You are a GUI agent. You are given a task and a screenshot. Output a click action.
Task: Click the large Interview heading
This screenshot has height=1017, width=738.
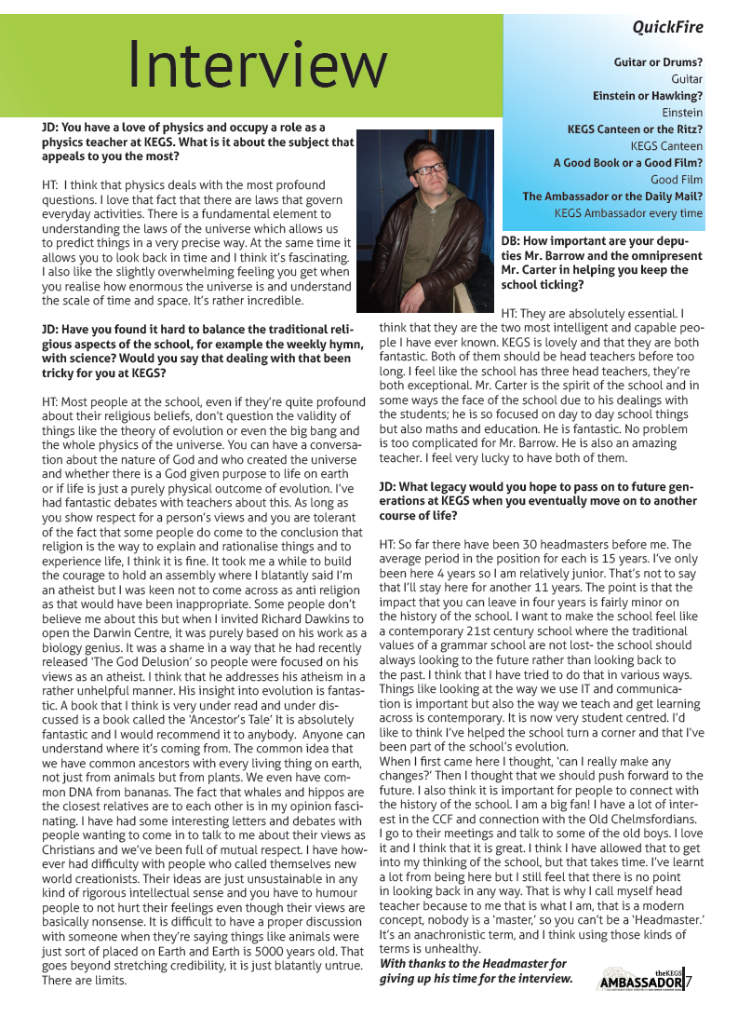[x=257, y=64]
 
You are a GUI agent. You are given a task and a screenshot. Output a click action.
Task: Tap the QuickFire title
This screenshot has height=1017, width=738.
[x=667, y=27]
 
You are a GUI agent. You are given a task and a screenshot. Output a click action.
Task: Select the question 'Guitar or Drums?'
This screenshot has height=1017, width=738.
[x=658, y=62]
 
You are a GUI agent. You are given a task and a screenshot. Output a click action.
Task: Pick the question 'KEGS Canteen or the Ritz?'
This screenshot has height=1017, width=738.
[x=635, y=129]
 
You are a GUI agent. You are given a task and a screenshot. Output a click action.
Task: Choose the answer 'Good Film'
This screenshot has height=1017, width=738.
[x=677, y=180]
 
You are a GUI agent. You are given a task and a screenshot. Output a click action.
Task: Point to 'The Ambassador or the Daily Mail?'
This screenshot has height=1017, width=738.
[x=612, y=197]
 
